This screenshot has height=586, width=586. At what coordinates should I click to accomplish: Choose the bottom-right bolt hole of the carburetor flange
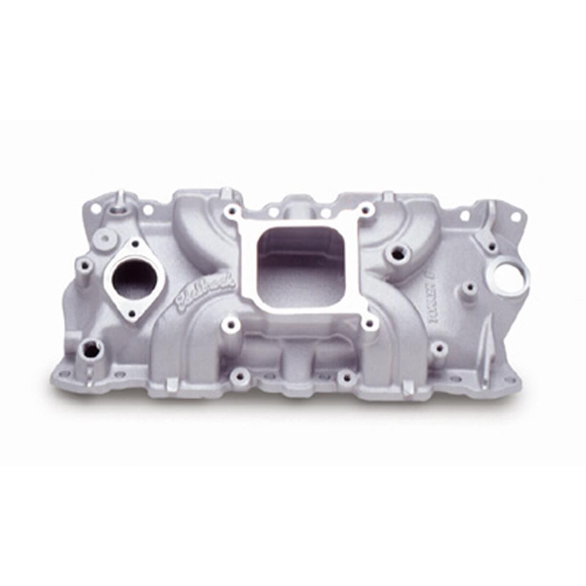coord(371,324)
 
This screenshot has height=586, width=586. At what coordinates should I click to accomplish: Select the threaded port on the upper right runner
coord(398,253)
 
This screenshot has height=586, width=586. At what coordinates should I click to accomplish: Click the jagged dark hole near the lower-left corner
coord(90,349)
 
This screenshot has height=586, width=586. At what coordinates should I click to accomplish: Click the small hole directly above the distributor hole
coord(492,246)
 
